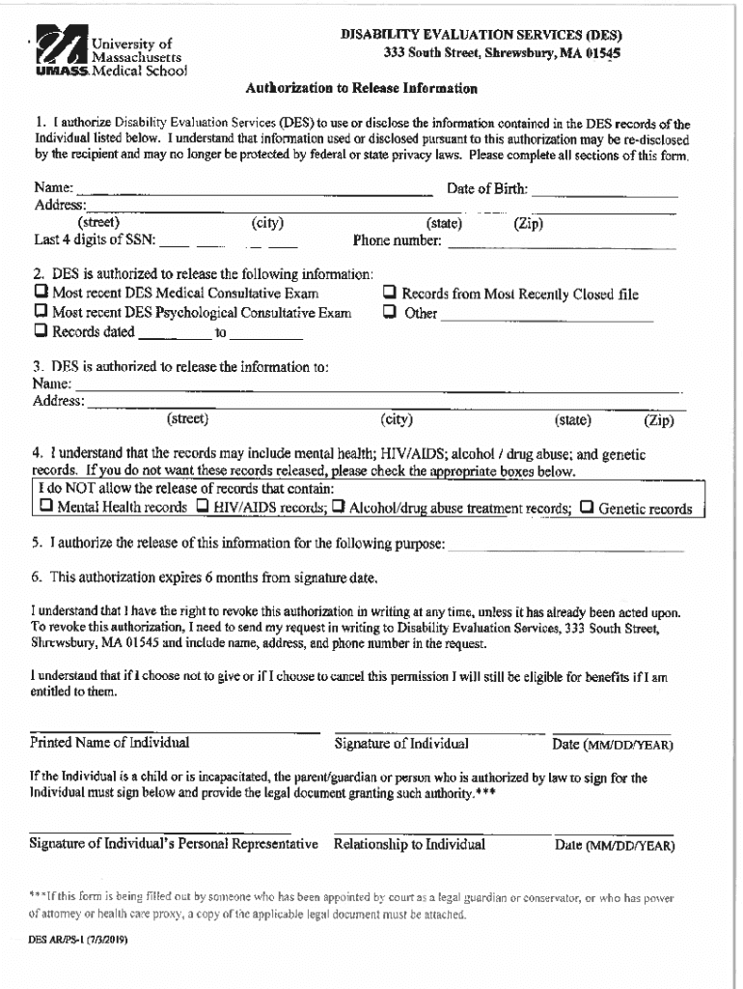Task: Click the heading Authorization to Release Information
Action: pos(361,89)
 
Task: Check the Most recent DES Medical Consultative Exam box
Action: pos(41,292)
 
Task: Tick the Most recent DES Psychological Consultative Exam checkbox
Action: pos(41,312)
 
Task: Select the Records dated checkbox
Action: pos(41,331)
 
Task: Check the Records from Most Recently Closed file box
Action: pos(390,293)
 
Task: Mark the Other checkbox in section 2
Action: pos(390,312)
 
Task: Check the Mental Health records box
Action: pos(45,507)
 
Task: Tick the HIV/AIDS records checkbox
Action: pos(203,507)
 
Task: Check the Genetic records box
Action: pos(586,507)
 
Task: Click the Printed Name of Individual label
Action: pos(109,743)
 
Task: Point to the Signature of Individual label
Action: pos(401,744)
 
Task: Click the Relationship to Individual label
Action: pos(409,844)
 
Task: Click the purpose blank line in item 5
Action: pos(565,547)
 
